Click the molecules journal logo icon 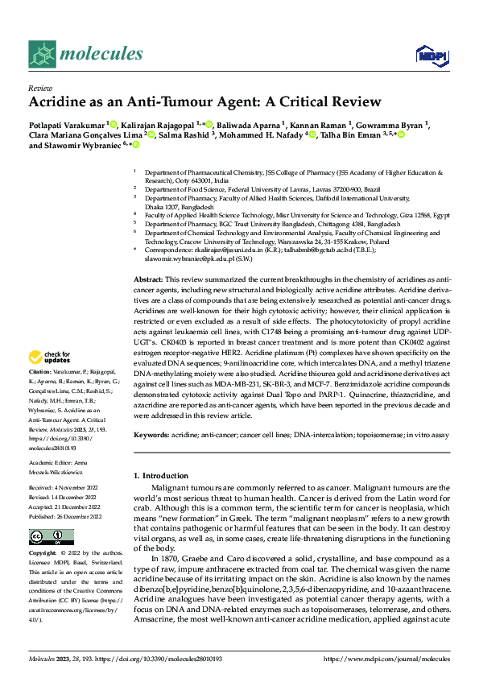[44, 54]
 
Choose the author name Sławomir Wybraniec [89, 146]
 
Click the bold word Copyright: [43, 555]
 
